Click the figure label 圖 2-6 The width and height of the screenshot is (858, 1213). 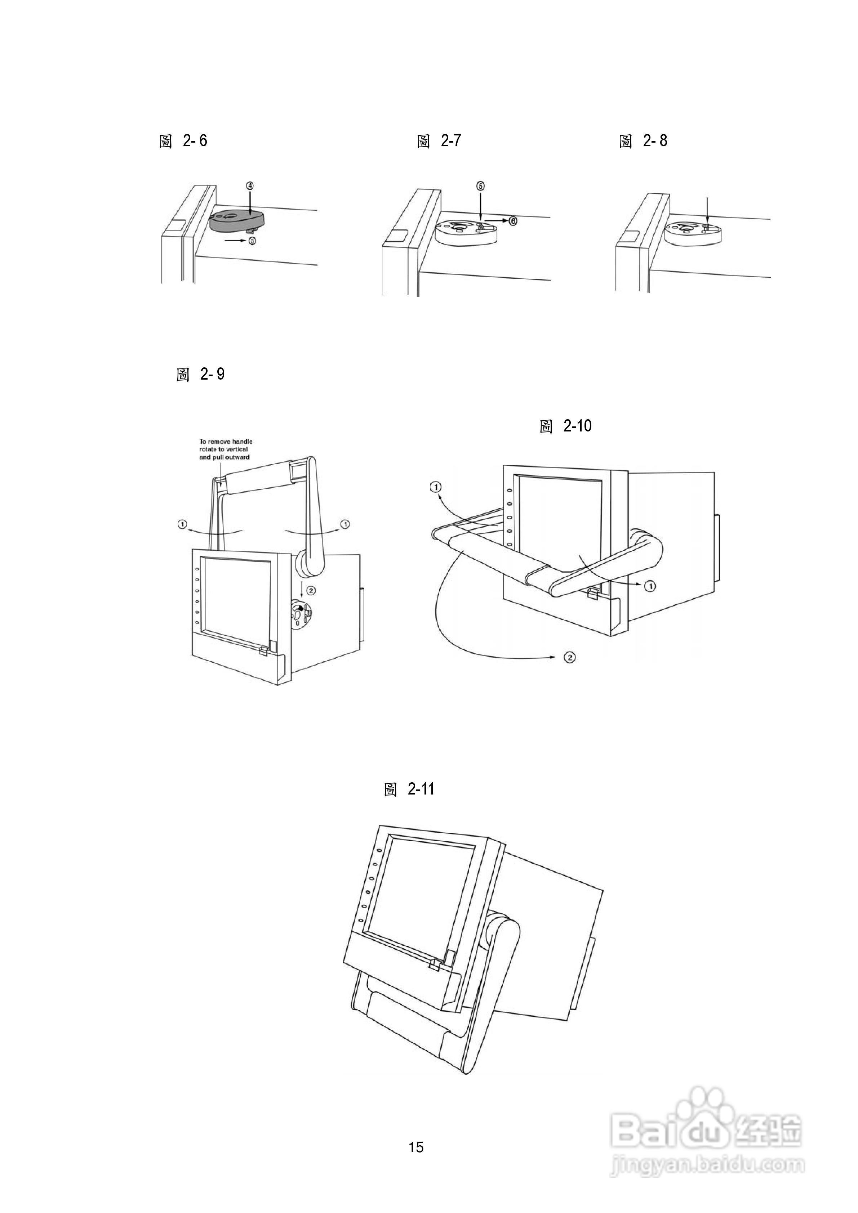click(183, 141)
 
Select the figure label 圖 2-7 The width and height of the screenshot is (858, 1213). click(439, 141)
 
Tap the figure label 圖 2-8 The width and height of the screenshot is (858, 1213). click(643, 141)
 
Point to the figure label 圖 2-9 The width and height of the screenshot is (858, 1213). click(200, 375)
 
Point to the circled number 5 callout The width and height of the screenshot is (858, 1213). click(480, 186)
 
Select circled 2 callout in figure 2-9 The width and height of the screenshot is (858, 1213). click(311, 590)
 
